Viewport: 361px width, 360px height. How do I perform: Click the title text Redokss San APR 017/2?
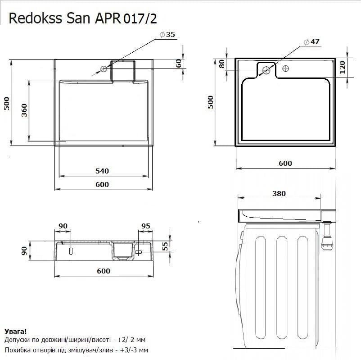pos(83,18)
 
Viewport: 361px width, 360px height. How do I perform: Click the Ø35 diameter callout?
pos(167,35)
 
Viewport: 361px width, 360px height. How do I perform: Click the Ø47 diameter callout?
pos(311,41)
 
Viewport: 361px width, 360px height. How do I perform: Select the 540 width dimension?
pos(102,171)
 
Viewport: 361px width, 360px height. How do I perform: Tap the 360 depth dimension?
pos(24,110)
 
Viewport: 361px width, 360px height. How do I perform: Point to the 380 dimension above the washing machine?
pos(279,193)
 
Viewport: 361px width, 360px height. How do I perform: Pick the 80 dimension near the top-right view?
pos(221,64)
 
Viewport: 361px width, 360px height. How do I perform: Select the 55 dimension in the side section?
pos(165,246)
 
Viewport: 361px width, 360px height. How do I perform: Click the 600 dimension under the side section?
pos(103,271)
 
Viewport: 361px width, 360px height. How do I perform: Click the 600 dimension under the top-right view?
pos(285,164)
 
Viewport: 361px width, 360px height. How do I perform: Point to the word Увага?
pos(15,331)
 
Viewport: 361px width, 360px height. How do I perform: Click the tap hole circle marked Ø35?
pos(104,68)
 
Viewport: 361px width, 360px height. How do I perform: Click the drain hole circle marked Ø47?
pos(266,70)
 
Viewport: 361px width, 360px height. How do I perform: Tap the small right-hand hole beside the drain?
pos(285,69)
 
